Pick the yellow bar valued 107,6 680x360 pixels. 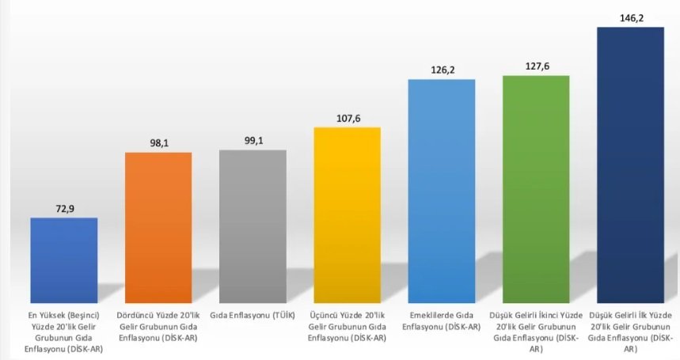[348, 214]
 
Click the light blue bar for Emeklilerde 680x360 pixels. [442, 191]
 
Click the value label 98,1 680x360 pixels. [158, 141]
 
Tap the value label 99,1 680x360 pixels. [253, 138]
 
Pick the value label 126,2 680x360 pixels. [442, 69]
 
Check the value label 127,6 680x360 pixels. [536, 66]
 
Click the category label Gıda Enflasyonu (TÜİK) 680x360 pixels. [253, 315]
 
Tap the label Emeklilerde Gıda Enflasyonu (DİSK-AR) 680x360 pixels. [442, 320]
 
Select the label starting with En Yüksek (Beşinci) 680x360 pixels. [64, 332]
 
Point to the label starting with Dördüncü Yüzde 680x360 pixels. [158, 326]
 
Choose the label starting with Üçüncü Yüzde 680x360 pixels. [348, 326]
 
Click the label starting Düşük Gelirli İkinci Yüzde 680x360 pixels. [536, 332]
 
